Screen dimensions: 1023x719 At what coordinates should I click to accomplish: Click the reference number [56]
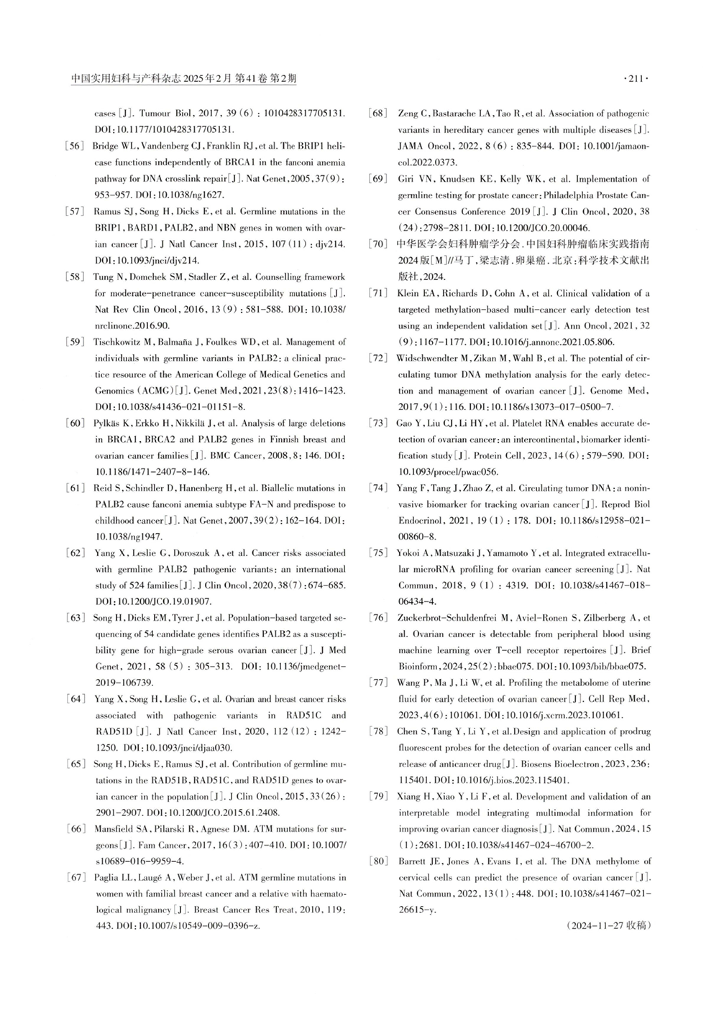pos(75,147)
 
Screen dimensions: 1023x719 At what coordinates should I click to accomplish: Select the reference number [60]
pos(75,423)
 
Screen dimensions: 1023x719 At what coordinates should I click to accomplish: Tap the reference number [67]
pos(75,877)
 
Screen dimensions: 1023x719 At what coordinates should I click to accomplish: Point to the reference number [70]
pos(378,244)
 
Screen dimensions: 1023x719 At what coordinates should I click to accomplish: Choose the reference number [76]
pos(378,618)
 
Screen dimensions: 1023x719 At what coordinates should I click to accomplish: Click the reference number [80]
pos(378,861)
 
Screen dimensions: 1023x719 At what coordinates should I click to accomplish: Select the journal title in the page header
pos(183,80)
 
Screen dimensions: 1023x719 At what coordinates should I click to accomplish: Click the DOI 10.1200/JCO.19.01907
pos(153,601)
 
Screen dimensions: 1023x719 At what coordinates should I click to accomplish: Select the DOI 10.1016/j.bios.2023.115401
pos(503,779)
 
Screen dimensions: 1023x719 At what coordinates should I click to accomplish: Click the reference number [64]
pos(75,699)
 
